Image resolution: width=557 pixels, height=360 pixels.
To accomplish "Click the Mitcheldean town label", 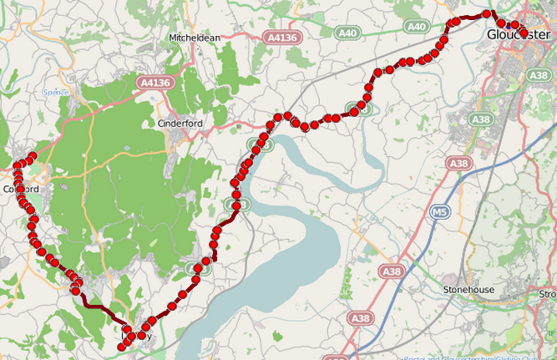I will (195, 38).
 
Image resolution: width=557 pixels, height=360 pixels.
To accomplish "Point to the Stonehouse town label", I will (468, 290).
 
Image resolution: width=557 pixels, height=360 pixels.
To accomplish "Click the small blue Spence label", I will (55, 93).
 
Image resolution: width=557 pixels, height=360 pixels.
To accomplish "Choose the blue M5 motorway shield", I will (440, 213).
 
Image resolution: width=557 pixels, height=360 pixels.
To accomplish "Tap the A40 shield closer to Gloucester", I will (418, 28).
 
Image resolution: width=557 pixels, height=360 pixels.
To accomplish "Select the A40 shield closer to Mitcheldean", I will (347, 33).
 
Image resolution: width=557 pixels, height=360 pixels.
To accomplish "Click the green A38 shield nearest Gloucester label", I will (537, 75).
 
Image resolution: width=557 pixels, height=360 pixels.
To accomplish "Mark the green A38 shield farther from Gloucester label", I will (480, 119).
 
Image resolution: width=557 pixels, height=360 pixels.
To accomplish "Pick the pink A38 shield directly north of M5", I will (458, 163).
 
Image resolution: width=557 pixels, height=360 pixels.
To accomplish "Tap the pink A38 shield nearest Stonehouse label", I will (391, 271).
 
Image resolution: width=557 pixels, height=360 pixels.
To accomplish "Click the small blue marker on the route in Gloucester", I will (510, 25).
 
